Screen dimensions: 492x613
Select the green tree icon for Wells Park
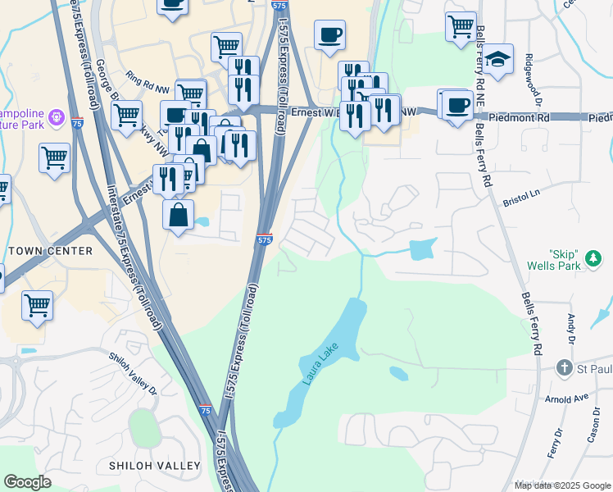pyautogui.click(x=593, y=262)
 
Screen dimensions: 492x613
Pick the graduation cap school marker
pyautogui.click(x=497, y=60)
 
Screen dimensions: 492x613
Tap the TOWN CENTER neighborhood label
pyautogui.click(x=50, y=251)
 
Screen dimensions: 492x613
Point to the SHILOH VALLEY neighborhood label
pyautogui.click(x=155, y=466)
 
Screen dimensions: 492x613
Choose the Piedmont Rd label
pyautogui.click(x=520, y=118)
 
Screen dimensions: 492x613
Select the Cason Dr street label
pyautogui.click(x=594, y=425)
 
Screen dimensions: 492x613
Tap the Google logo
pyautogui.click(x=28, y=482)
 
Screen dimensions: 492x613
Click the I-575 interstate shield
pyautogui.click(x=264, y=239)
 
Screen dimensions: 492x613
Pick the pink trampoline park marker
pyautogui.click(x=55, y=118)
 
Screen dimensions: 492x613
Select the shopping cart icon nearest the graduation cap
pyautogui.click(x=461, y=25)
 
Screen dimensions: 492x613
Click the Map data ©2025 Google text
pyautogui.click(x=561, y=485)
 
